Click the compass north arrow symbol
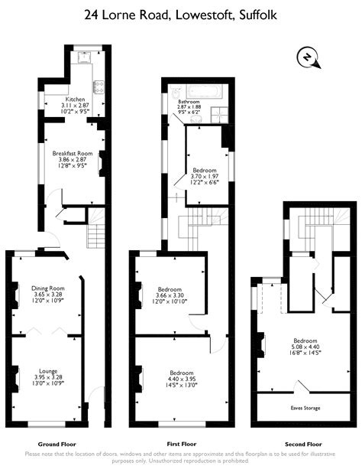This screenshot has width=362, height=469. pos(307,57)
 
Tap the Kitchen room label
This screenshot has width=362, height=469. pos(76,99)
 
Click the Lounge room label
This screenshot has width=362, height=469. pos(48,370)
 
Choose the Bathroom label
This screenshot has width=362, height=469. pos(189,102)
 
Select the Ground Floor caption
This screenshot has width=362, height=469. pos(57,444)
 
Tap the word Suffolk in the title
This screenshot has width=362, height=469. pos(257,14)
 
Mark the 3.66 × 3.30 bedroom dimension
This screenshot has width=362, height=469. pos(170,295)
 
